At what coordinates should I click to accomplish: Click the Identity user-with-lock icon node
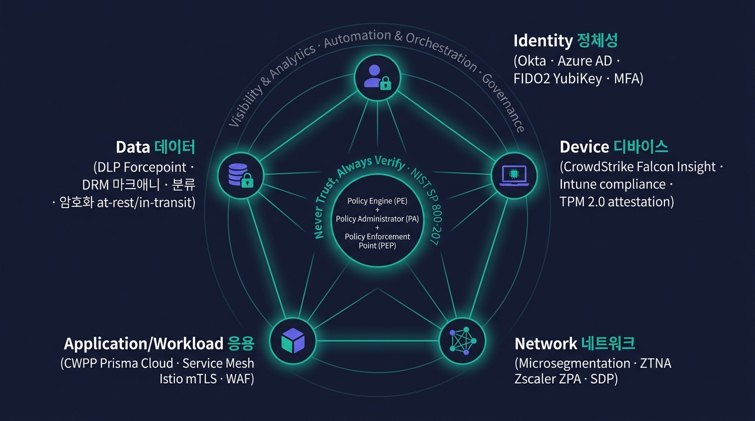point(377,78)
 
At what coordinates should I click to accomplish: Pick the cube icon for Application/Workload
point(293,340)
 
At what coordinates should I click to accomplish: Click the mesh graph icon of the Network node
point(463,340)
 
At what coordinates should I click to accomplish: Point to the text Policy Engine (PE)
point(377,201)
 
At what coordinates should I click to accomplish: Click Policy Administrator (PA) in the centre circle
point(377,219)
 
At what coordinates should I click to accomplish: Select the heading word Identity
point(543,41)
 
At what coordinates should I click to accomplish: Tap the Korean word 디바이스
point(640,147)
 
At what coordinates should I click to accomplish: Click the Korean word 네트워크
point(608,344)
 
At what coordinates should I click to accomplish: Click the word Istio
point(171,379)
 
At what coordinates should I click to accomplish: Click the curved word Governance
point(503,102)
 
